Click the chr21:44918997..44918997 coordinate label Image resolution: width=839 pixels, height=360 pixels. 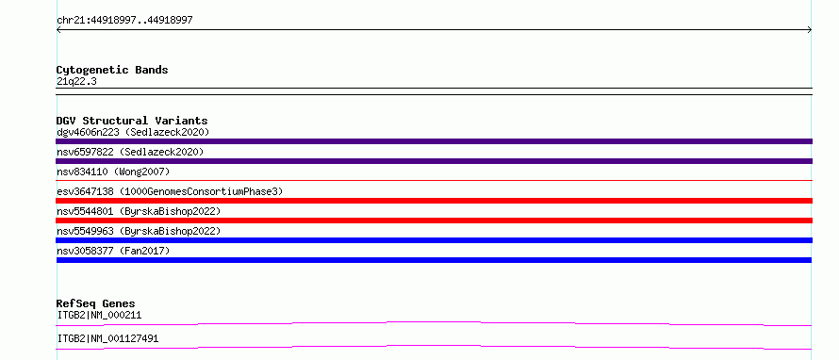(124, 21)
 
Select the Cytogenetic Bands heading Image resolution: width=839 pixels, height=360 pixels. (112, 70)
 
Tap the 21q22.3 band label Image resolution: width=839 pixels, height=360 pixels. (76, 82)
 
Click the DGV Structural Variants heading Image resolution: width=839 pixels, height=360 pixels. (132, 121)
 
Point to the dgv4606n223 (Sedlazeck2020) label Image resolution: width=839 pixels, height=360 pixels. (133, 132)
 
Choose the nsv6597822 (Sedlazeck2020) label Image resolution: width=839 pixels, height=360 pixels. (130, 152)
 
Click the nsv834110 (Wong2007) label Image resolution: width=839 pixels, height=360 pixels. (113, 172)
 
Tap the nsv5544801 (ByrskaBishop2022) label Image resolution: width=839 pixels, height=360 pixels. (139, 211)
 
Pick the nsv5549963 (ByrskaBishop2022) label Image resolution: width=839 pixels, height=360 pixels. (139, 231)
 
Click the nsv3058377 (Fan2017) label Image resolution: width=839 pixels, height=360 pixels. (113, 251)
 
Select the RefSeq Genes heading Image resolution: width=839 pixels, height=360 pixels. (96, 303)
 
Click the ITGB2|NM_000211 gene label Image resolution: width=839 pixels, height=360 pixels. (99, 315)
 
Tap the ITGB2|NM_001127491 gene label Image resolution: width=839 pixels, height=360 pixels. (107, 338)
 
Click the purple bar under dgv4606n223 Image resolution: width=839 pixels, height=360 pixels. (434, 141)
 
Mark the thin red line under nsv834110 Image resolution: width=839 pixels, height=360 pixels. (434, 181)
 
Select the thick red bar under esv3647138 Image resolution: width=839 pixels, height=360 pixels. (434, 201)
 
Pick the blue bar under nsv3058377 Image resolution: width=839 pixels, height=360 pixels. (434, 260)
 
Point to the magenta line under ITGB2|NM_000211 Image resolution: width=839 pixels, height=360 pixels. (434, 323)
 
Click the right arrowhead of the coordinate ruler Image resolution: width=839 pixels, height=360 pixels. (810, 30)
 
